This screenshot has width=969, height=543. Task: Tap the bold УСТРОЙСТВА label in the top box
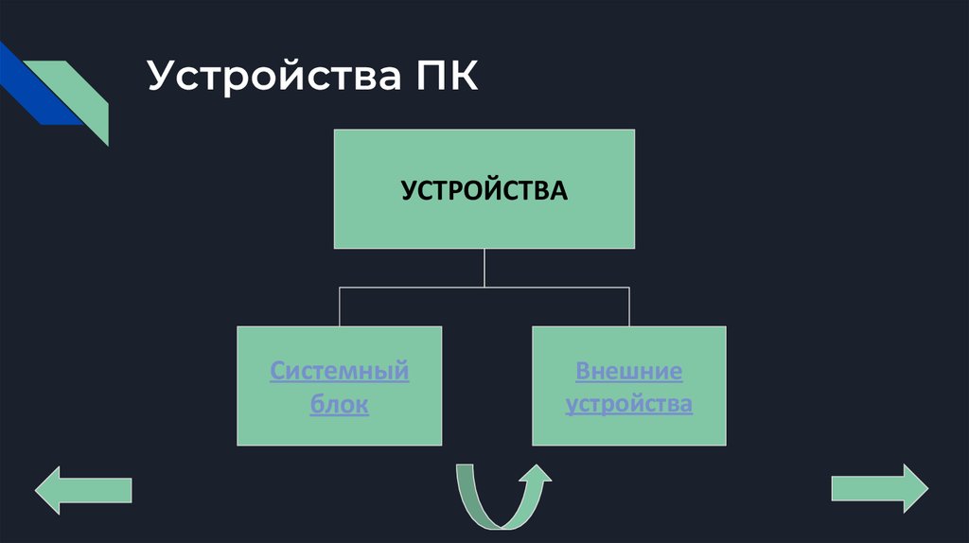point(484,190)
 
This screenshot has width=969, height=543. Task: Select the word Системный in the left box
point(339,370)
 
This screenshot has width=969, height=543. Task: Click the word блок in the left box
point(339,406)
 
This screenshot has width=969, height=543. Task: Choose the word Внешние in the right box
point(628,370)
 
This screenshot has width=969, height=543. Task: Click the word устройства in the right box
point(628,405)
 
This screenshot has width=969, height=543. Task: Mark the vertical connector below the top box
point(484,267)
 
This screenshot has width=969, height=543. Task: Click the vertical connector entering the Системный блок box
point(339,307)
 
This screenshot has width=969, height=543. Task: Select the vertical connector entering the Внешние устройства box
point(628,307)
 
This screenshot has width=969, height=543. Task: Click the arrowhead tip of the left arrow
point(38,490)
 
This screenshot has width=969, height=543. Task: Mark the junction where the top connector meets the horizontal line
point(484,287)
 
